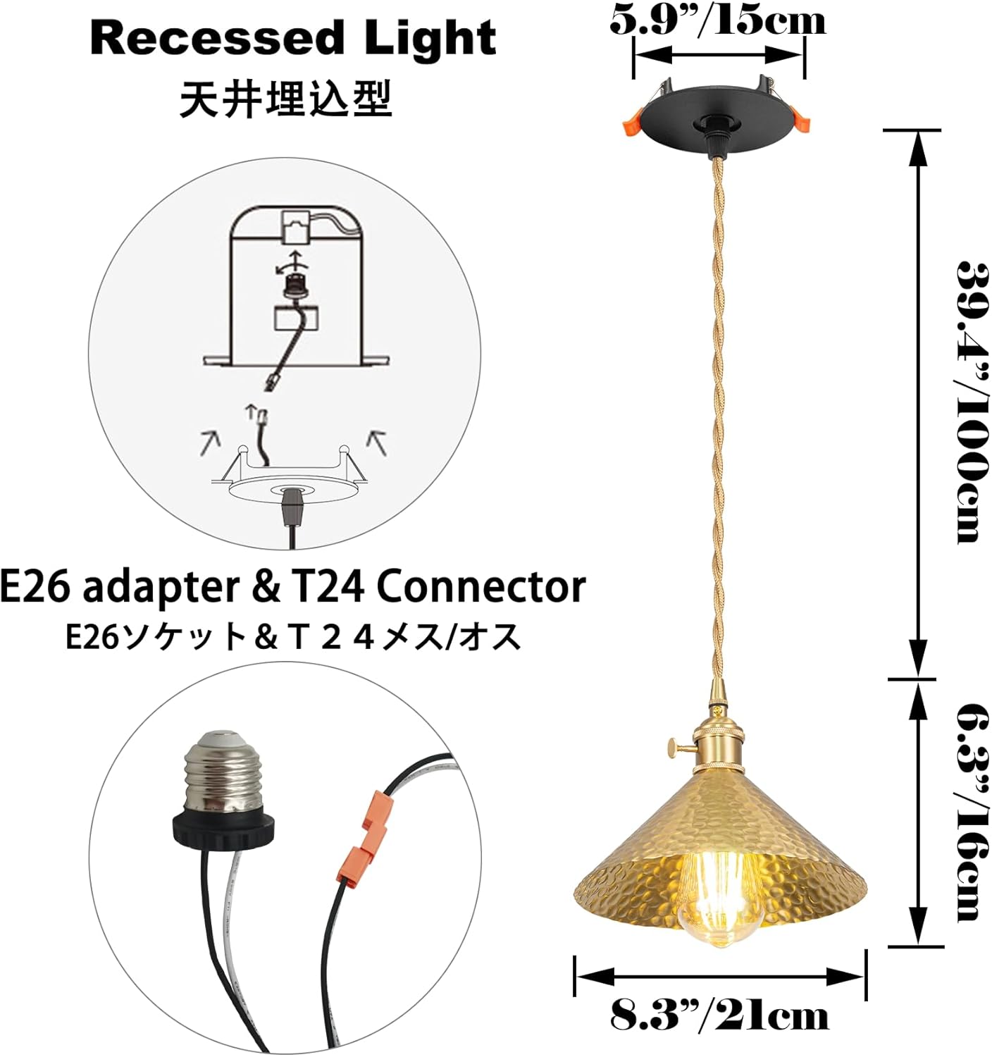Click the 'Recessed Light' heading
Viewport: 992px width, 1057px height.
point(293,39)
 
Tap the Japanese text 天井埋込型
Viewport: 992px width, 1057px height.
point(285,99)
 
